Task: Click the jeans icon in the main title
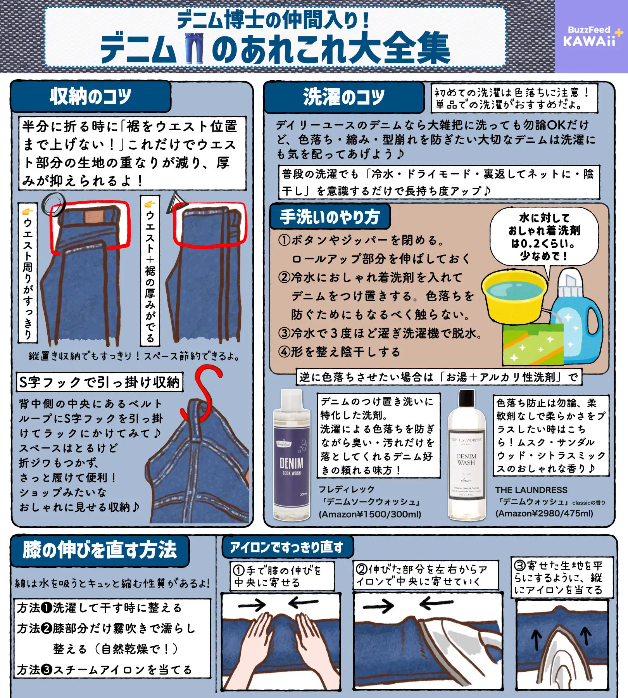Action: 194,48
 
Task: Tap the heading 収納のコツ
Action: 90,97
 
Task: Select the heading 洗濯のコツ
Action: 343,97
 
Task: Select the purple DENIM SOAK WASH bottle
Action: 292,458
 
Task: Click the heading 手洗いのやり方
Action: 330,217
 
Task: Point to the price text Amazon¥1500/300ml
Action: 370,514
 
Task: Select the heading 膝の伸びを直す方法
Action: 100,550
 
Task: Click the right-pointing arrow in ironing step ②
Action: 378,605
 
